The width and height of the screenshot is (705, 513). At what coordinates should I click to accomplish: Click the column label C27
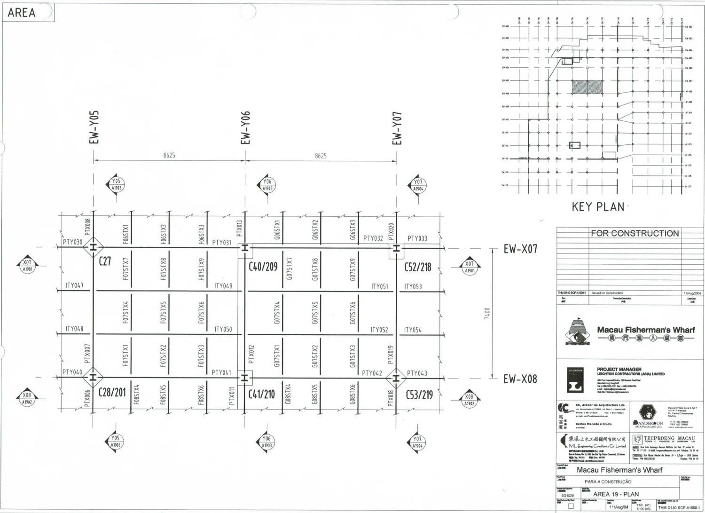coord(105,261)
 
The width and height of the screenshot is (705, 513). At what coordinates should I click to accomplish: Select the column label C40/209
coord(263,267)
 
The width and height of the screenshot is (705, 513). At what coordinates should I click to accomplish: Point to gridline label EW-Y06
coord(245,128)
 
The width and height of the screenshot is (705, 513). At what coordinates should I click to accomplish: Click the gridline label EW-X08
coord(520,379)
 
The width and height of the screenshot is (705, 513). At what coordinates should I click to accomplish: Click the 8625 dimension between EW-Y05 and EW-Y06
coord(169,156)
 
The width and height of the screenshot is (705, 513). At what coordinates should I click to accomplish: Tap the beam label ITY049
coord(223,286)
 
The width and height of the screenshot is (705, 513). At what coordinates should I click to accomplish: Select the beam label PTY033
coord(417,238)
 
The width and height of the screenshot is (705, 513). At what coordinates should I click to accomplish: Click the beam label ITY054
coord(413,330)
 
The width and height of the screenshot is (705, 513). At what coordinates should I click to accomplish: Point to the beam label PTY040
coord(72,372)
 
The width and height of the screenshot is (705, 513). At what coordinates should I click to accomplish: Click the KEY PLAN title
coord(598,207)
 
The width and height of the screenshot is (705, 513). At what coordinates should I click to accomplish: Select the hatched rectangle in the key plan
coord(587,86)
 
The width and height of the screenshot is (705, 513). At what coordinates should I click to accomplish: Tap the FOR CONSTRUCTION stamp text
coord(634,233)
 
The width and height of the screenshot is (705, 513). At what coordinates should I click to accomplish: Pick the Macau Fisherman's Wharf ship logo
coord(576,332)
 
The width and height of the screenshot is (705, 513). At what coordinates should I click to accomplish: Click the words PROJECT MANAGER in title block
coord(619,370)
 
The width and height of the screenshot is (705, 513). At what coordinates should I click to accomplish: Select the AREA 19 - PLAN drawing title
coord(616,494)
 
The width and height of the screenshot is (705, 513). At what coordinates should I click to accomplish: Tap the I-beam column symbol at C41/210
coord(244,378)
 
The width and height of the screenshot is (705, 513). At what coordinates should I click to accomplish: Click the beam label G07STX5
coord(315,313)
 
